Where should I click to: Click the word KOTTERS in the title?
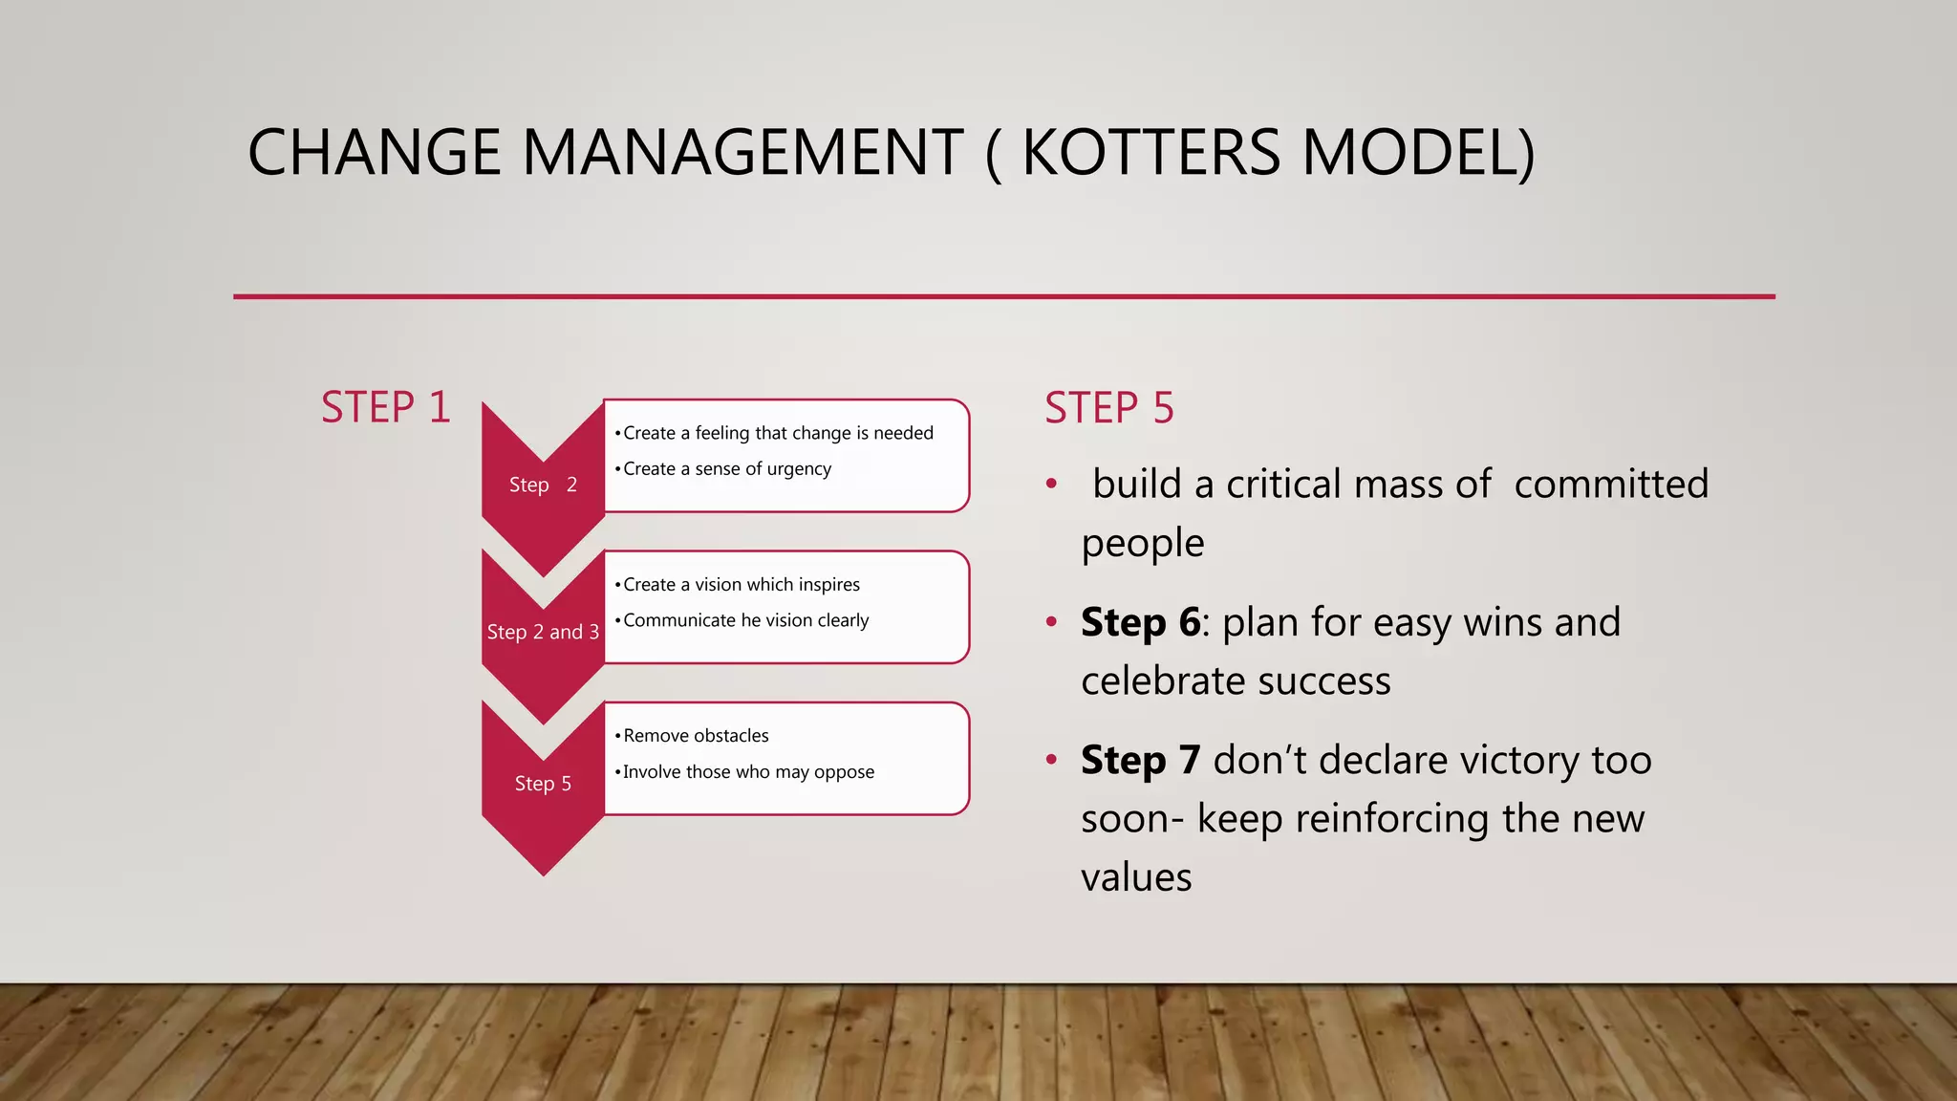1151,153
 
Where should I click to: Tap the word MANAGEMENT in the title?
742,153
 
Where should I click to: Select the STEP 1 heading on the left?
385,408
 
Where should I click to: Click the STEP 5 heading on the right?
1108,408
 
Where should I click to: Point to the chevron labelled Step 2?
543,486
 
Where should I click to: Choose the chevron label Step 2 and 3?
543,633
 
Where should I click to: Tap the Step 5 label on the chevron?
543,784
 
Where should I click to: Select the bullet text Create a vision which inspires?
741,585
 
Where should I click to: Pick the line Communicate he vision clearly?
745,620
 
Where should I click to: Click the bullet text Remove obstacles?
696,736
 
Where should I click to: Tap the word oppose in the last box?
844,772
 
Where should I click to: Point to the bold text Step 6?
1140,623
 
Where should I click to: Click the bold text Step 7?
1140,761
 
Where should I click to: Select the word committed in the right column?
1611,485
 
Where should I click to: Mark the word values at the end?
1136,877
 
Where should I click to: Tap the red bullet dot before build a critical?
1051,485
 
